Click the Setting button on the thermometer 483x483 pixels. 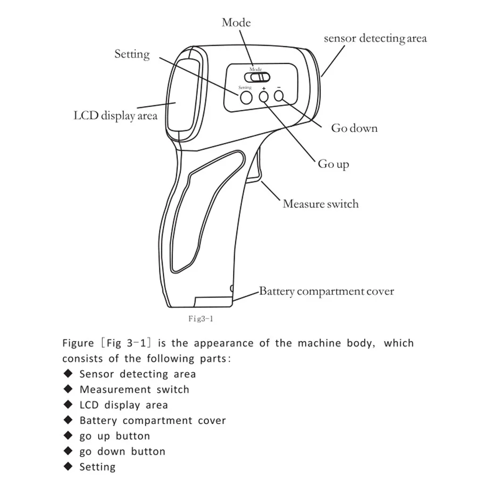[246, 97]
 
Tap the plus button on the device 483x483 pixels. [264, 96]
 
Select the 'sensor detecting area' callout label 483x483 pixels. [375, 39]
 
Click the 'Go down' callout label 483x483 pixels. [354, 128]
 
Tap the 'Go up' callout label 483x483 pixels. [333, 164]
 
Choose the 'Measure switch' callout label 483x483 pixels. [320, 204]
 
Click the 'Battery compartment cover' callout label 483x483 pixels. [326, 291]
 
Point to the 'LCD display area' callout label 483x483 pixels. [115, 116]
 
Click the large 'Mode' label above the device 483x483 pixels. [236, 23]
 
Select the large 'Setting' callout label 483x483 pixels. [132, 54]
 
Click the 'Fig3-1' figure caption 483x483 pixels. [201, 318]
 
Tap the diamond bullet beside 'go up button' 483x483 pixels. [69, 435]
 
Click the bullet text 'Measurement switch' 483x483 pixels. [134, 390]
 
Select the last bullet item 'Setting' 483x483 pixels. [97, 467]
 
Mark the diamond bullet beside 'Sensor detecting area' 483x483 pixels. [69, 374]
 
